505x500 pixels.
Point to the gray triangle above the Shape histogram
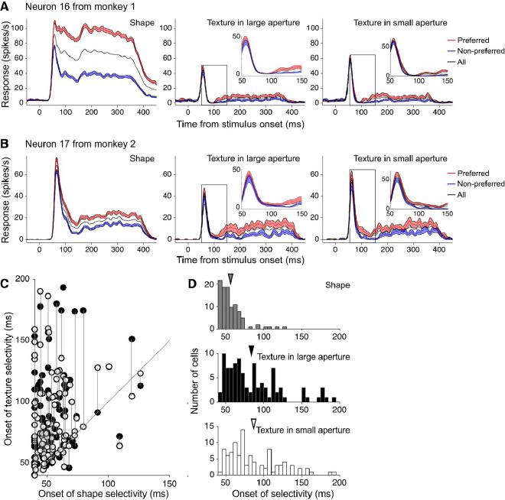[x=230, y=287]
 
